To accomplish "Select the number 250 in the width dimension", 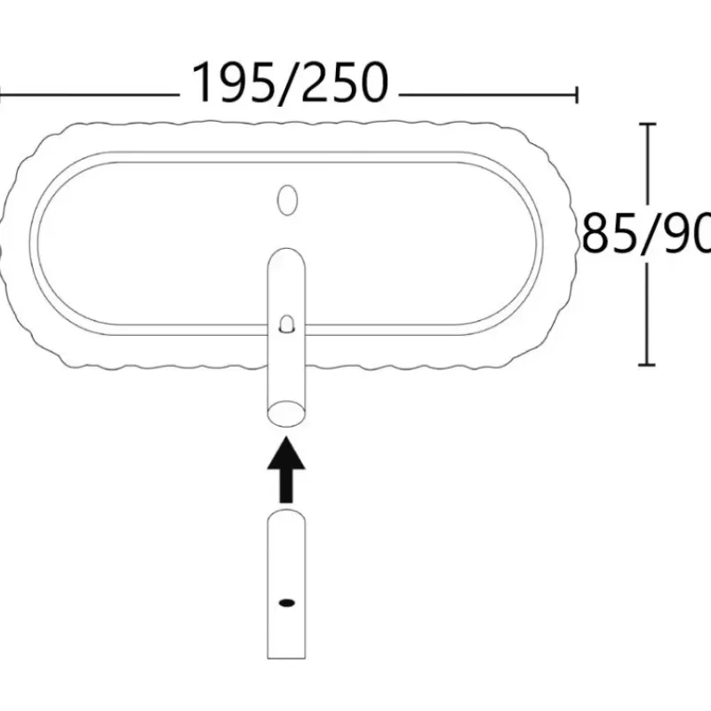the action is (x=344, y=83).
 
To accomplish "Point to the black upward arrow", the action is (x=286, y=469).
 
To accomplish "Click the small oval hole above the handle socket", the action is (x=287, y=200).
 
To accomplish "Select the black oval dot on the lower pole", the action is (x=286, y=603).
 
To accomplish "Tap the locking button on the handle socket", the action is (x=286, y=324).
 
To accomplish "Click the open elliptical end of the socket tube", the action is (x=286, y=413).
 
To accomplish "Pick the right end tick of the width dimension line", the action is (x=576, y=95).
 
